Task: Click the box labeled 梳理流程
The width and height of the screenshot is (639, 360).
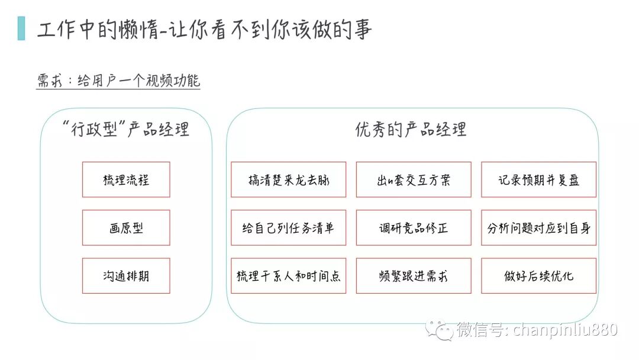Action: pyautogui.click(x=126, y=179)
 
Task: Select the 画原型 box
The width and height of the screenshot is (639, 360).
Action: pyautogui.click(x=126, y=227)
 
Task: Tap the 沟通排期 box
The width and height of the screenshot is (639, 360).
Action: pyautogui.click(x=126, y=275)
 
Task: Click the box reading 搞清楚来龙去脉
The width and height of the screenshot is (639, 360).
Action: pyautogui.click(x=289, y=179)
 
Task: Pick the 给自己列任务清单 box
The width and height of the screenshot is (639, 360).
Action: pyautogui.click(x=289, y=227)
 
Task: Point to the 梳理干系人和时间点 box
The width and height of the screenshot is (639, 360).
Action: pyautogui.click(x=289, y=275)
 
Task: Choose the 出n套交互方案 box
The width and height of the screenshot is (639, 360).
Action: pyautogui.click(x=414, y=179)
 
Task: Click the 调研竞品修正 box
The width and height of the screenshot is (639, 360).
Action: pyautogui.click(x=414, y=227)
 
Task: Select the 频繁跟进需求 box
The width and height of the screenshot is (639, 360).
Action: pyautogui.click(x=414, y=275)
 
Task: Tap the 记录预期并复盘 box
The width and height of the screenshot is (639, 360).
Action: pyautogui.click(x=538, y=179)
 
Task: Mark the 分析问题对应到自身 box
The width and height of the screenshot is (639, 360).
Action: pyautogui.click(x=538, y=227)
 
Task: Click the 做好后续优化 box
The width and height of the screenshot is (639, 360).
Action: pyautogui.click(x=538, y=275)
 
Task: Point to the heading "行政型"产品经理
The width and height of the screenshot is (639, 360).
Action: pyautogui.click(x=126, y=129)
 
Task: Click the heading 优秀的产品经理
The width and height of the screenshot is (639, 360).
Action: pyautogui.click(x=411, y=129)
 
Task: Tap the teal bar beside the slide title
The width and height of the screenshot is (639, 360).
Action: pyautogui.click(x=22, y=28)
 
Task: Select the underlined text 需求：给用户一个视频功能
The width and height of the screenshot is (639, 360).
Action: pyautogui.click(x=118, y=81)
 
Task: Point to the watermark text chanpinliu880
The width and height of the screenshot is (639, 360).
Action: pyautogui.click(x=565, y=330)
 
